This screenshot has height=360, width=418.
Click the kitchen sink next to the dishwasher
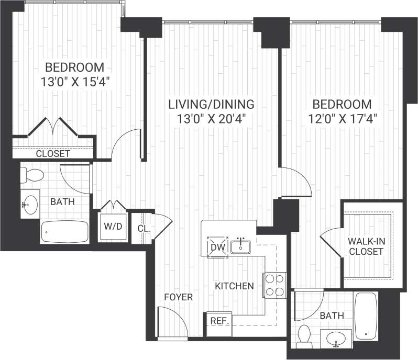(x=241, y=245)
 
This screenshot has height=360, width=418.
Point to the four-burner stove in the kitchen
(x=275, y=285)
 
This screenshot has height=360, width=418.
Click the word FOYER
(x=178, y=297)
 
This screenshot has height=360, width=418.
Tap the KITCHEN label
(x=234, y=286)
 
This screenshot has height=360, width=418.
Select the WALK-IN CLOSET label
(x=366, y=246)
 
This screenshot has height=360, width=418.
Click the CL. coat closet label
(x=143, y=229)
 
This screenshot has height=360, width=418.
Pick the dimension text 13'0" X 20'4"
(x=211, y=118)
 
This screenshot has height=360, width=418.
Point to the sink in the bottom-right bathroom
(x=336, y=340)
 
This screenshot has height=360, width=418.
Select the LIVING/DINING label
(x=211, y=104)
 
